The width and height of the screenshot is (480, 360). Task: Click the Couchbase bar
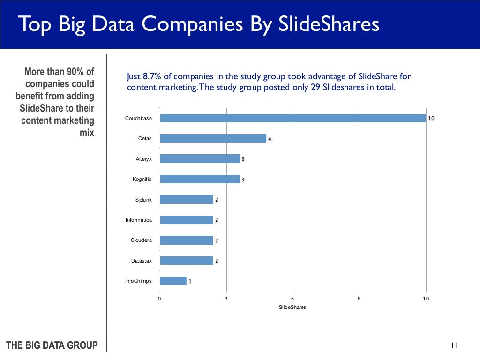tap(292, 118)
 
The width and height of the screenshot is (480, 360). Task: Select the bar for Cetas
tap(213, 138)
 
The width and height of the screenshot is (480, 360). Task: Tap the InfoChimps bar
tap(173, 281)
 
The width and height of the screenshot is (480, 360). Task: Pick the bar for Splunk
tap(186, 200)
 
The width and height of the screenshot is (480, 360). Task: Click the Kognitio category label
tap(142, 180)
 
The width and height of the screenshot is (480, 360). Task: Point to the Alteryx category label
tap(143, 159)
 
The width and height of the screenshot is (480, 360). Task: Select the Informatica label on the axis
tap(139, 220)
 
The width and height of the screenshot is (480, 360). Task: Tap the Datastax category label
tap(142, 261)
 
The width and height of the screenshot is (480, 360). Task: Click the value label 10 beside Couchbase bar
tap(431, 119)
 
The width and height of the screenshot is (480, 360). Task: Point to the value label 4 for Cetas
tap(270, 139)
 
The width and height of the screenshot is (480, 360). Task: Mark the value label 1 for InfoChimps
tap(190, 282)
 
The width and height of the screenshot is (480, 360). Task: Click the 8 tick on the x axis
tap(359, 299)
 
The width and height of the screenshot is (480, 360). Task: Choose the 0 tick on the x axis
tap(159, 299)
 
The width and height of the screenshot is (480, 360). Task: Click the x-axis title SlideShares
tap(292, 307)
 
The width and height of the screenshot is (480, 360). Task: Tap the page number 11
tap(454, 345)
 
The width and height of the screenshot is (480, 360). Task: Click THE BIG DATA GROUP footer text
tap(52, 345)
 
